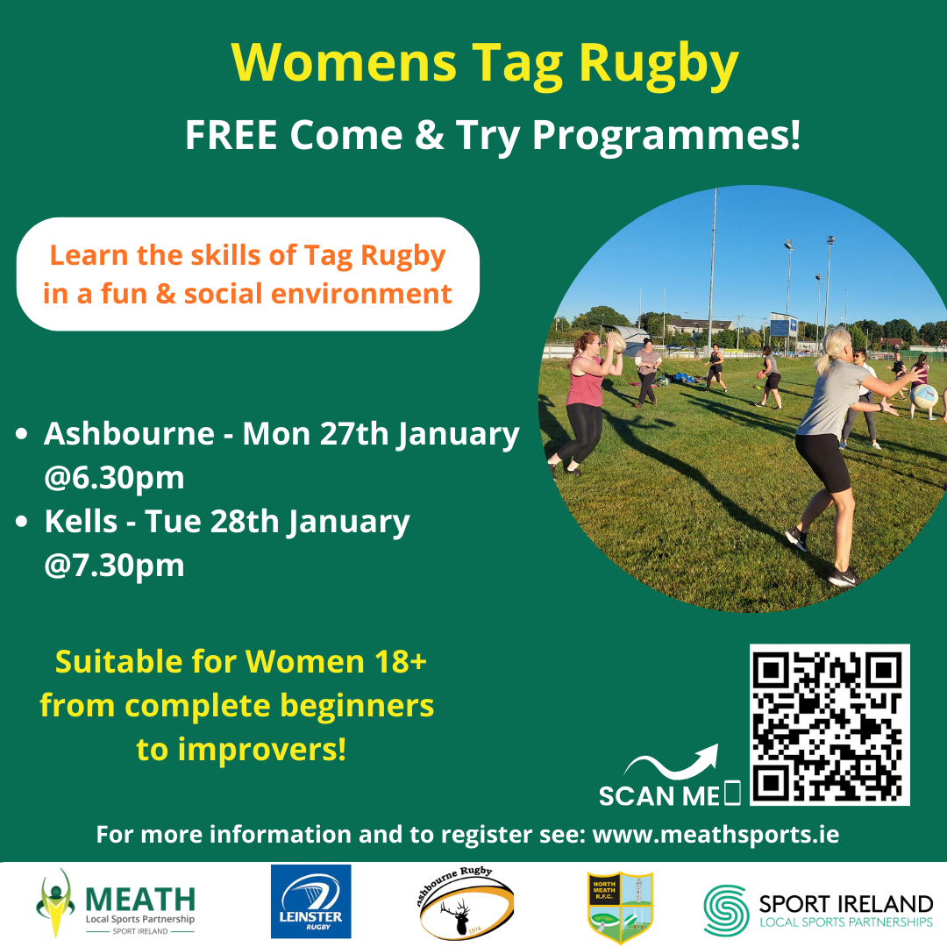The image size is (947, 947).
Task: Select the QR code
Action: point(829,724)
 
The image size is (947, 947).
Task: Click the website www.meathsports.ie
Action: point(716,834)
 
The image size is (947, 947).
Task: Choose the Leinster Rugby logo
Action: point(310,902)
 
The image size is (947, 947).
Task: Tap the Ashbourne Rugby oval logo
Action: point(466,904)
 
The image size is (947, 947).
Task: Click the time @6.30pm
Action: point(114,477)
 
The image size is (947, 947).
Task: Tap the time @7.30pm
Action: point(114,565)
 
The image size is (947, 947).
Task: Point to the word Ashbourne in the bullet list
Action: point(129,433)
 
